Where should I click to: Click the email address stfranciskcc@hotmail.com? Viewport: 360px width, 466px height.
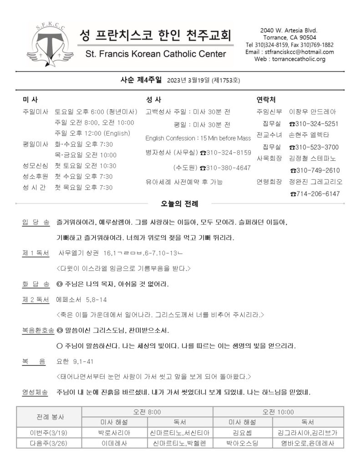pyautogui.click(x=302, y=52)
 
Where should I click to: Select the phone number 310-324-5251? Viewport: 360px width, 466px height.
pyautogui.click(x=314, y=124)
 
